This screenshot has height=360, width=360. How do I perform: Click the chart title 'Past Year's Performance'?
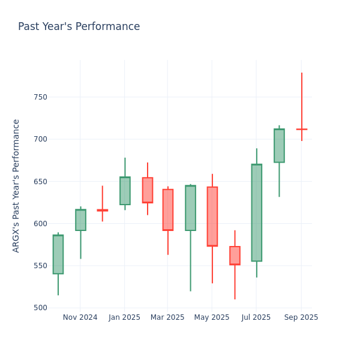coord(79,27)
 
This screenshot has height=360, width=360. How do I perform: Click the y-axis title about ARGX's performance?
coord(16,185)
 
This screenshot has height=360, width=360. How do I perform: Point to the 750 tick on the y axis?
coord(40,97)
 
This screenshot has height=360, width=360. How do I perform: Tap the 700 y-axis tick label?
coord(40,139)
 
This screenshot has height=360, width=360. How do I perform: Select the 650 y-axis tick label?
coord(40,181)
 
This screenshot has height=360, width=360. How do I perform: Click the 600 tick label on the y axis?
coord(40,224)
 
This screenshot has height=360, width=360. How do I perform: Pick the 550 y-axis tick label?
coord(40,266)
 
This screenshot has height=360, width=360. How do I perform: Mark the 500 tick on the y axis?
coord(40,308)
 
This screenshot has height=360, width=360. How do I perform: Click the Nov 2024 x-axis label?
coord(80,317)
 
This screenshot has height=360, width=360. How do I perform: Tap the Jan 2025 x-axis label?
coord(124,317)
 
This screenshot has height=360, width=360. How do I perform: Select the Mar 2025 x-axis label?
coord(167,317)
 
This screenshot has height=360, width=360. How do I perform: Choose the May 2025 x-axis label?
coord(212,317)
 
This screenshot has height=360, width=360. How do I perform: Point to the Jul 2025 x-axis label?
coord(256,317)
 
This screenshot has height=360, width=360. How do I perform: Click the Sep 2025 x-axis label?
coord(301,317)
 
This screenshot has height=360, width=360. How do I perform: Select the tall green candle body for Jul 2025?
coord(256,212)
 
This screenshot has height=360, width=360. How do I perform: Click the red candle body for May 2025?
coord(212,217)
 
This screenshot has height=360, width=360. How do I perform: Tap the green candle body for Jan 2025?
coord(125,191)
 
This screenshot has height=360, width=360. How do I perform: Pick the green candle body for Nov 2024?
coord(80,220)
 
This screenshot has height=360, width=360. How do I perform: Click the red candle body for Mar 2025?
coord(168,209)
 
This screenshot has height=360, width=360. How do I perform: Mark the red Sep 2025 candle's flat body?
coord(301,129)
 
